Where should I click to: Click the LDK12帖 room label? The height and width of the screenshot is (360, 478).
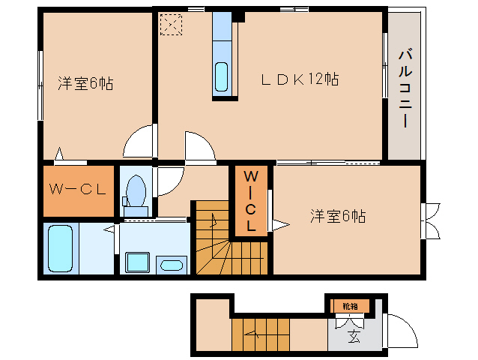click(x=300, y=79)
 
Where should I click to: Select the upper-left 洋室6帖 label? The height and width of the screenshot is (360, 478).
click(x=85, y=83)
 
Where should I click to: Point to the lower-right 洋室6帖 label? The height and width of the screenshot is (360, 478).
click(x=338, y=217)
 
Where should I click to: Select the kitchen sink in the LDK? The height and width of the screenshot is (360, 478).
click(x=223, y=76)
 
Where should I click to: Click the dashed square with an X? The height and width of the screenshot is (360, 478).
click(x=171, y=25)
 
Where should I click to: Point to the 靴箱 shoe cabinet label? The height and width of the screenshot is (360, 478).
click(x=350, y=306)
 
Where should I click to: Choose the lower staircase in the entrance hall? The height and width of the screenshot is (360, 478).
click(x=259, y=334)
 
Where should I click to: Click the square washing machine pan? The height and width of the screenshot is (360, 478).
click(x=137, y=262)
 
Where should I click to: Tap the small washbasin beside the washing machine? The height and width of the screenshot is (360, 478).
click(x=173, y=264)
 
